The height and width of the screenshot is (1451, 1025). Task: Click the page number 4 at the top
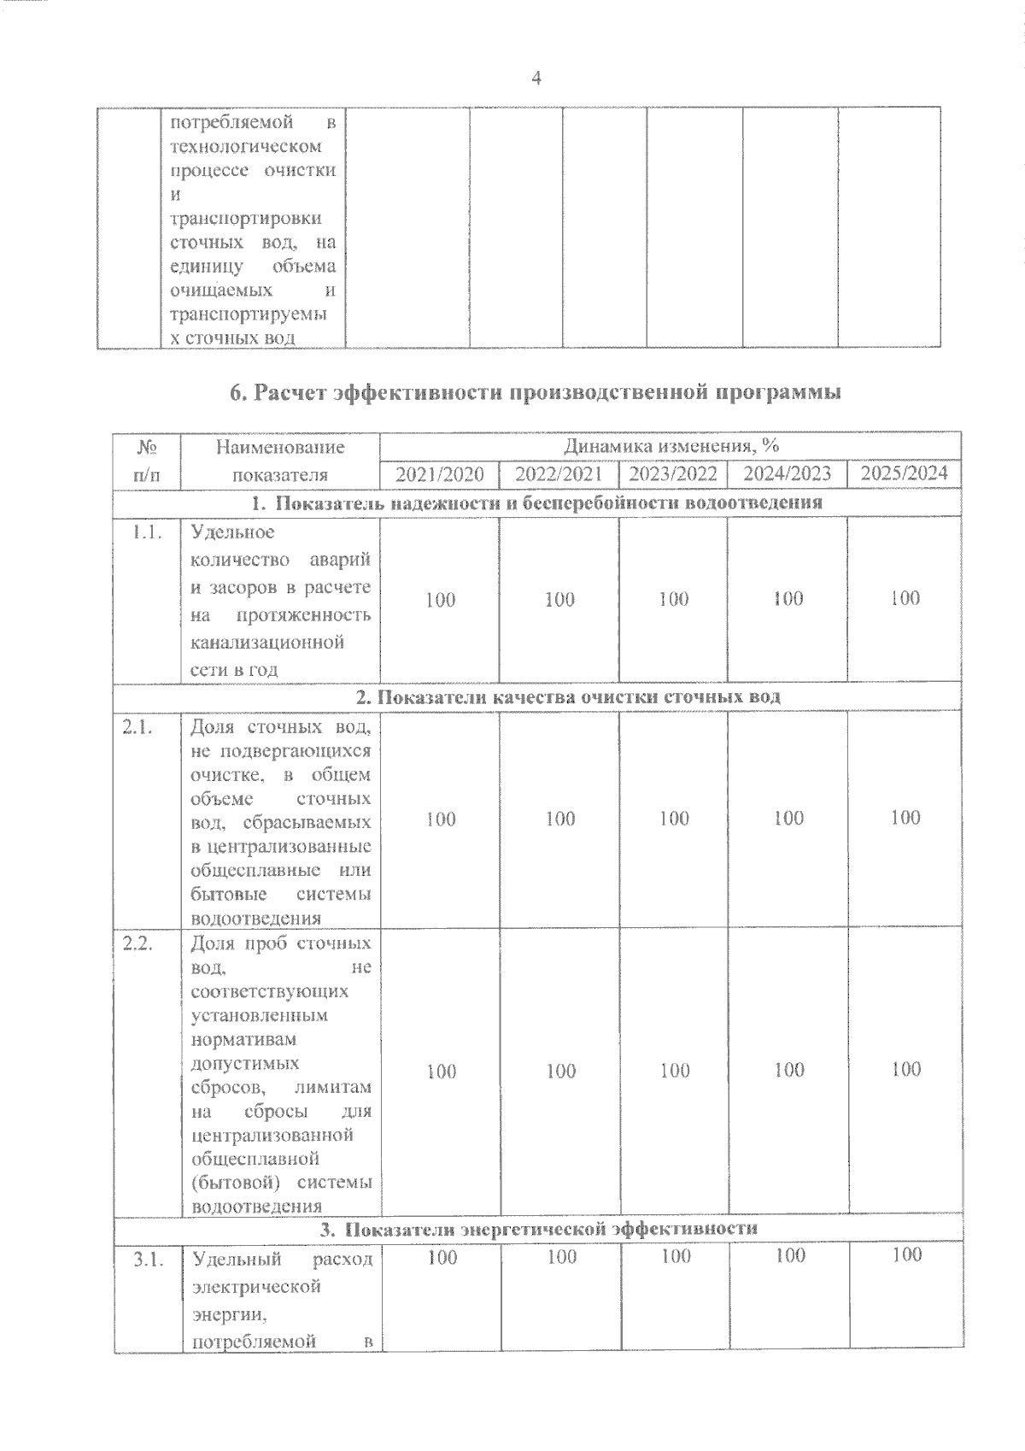click(536, 79)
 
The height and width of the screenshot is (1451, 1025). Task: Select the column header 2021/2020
click(440, 474)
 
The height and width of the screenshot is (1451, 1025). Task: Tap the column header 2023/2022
click(673, 474)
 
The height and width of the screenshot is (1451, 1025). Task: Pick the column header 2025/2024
click(905, 473)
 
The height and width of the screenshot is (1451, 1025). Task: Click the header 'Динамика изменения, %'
click(671, 446)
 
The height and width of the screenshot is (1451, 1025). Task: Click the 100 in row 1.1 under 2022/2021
click(559, 599)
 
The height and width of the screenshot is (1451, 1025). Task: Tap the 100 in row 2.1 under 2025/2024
click(905, 818)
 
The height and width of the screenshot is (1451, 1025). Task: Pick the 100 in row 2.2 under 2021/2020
click(441, 1071)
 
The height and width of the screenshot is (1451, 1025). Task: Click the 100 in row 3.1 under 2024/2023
click(789, 1255)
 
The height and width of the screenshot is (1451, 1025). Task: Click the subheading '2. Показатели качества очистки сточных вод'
click(568, 696)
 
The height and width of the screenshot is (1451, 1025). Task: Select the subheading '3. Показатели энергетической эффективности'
click(538, 1229)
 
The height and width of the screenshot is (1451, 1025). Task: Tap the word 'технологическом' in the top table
click(246, 146)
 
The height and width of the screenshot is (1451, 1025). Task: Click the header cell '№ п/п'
click(146, 461)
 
